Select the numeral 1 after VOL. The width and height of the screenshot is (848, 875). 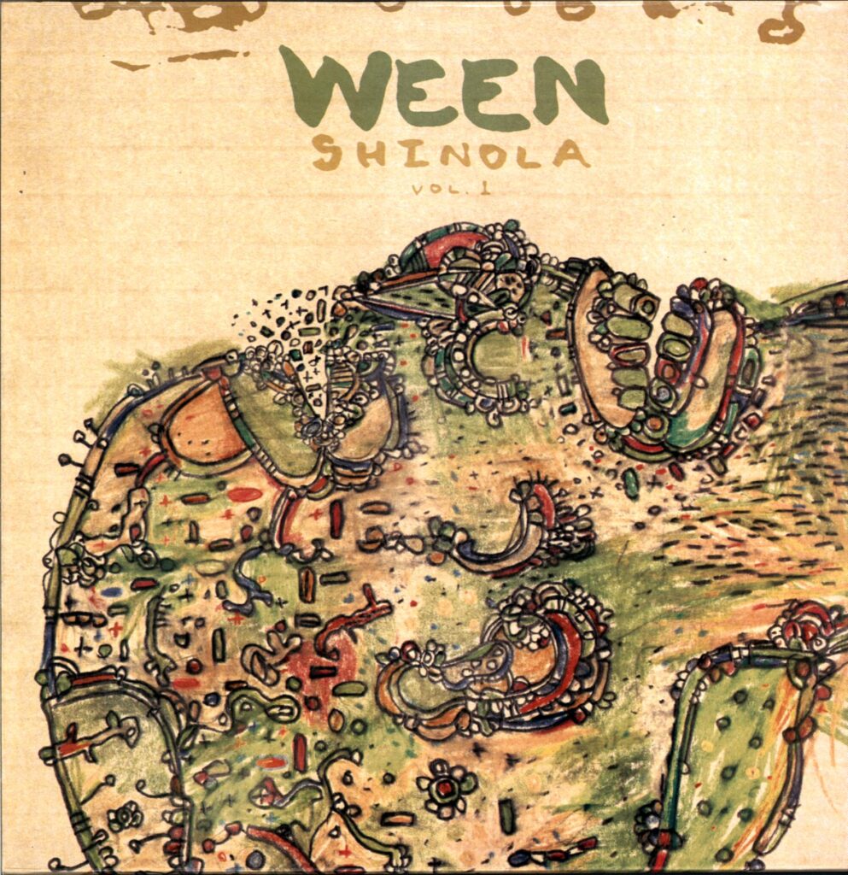pyautogui.click(x=460, y=189)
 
